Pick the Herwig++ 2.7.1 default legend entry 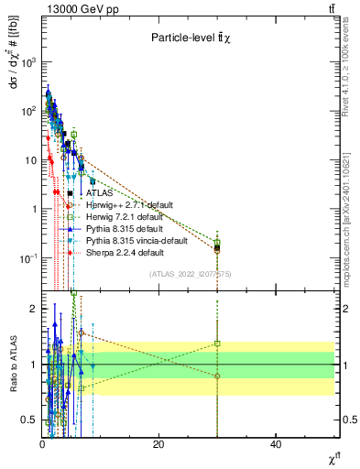[x=127, y=205]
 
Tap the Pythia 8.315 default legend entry [x=124, y=228]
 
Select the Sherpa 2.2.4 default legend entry [x=125, y=252]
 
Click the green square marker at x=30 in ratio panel [x=217, y=344]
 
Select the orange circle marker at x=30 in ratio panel [x=217, y=376]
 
